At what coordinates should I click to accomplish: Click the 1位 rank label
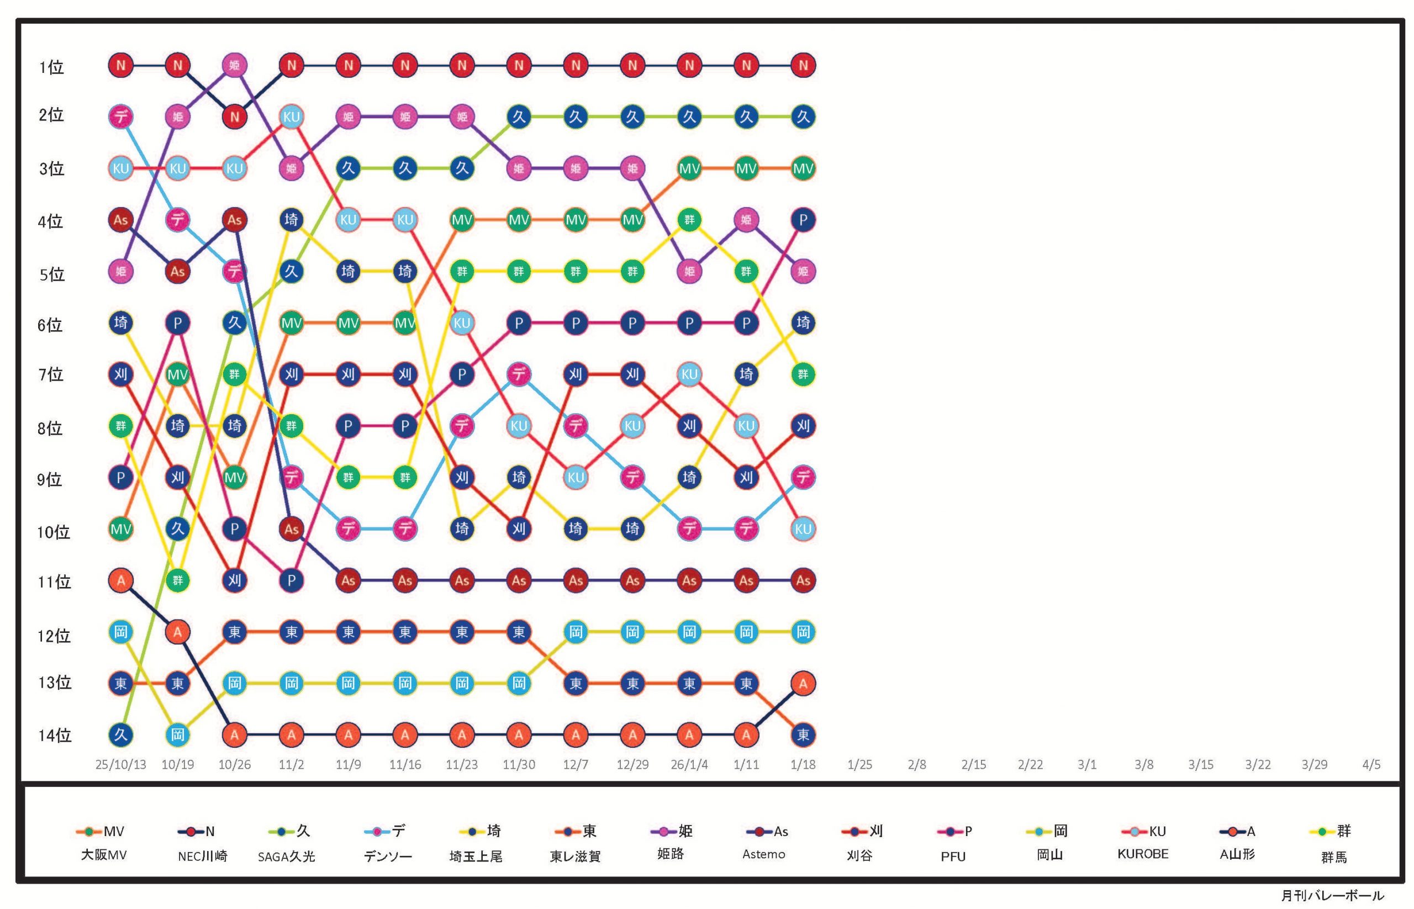pyautogui.click(x=51, y=67)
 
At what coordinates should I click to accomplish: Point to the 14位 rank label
pyautogui.click(x=55, y=736)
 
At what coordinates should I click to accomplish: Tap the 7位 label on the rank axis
pyautogui.click(x=51, y=375)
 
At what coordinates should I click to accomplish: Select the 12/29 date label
pyautogui.click(x=632, y=764)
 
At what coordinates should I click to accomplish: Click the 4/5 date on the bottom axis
pyautogui.click(x=1371, y=764)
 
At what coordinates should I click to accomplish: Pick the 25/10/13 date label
pyautogui.click(x=120, y=764)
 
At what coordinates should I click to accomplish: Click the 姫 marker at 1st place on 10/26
pyautogui.click(x=234, y=65)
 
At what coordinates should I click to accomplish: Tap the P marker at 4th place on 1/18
pyautogui.click(x=803, y=220)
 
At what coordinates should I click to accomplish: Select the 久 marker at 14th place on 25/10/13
pyautogui.click(x=120, y=735)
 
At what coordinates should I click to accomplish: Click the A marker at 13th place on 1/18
pyautogui.click(x=803, y=684)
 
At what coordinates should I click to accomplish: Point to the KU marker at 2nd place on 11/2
pyautogui.click(x=292, y=117)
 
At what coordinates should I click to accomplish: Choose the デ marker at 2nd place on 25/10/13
pyautogui.click(x=120, y=117)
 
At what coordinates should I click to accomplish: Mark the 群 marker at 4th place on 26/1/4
pyautogui.click(x=689, y=220)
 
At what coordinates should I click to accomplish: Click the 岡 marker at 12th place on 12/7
pyautogui.click(x=576, y=632)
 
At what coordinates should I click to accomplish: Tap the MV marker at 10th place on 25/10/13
pyautogui.click(x=120, y=529)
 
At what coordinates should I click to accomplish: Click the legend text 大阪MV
pyautogui.click(x=104, y=855)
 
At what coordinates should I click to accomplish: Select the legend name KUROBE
pyautogui.click(x=1142, y=854)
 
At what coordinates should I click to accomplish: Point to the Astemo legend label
pyautogui.click(x=763, y=854)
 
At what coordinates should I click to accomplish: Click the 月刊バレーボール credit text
pyautogui.click(x=1332, y=895)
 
